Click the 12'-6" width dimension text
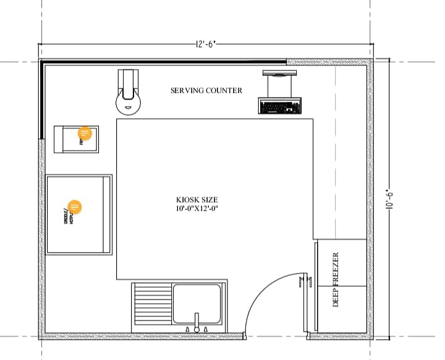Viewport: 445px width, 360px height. tap(206, 44)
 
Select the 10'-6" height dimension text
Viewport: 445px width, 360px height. tap(389, 199)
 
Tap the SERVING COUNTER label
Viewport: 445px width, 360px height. tap(206, 91)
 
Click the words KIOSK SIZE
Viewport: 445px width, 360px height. tap(197, 199)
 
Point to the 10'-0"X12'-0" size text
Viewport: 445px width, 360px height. tap(197, 209)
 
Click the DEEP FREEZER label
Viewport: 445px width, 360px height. tap(336, 279)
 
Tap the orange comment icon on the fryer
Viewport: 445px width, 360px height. tap(85, 133)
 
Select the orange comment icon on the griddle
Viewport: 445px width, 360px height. tap(74, 208)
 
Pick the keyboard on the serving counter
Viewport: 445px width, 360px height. tap(279, 107)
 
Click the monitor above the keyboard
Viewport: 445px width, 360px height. tap(279, 74)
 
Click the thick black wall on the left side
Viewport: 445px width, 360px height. tap(41, 99)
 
